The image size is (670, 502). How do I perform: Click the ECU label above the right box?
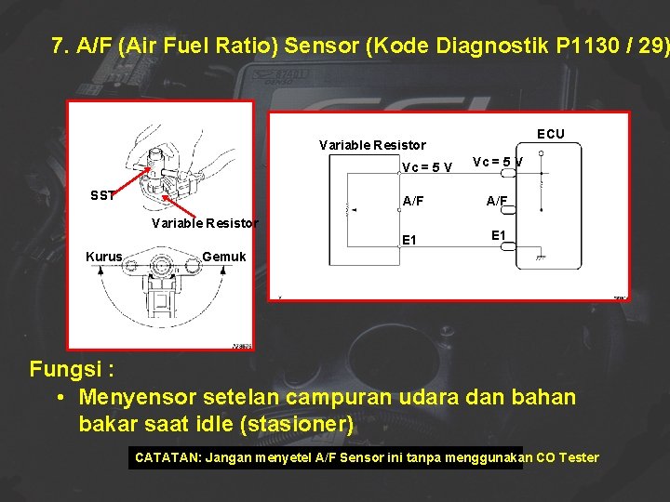tap(550, 134)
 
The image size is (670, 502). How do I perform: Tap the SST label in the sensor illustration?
tap(102, 196)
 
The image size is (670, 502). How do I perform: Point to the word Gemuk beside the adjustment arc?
tap(224, 257)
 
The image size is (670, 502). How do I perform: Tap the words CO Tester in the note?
tap(568, 457)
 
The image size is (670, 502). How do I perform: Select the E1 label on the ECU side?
tap(499, 235)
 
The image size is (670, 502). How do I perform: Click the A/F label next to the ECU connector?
tap(497, 200)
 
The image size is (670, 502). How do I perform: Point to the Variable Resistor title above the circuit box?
tap(372, 145)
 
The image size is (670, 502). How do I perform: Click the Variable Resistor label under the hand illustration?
tap(204, 223)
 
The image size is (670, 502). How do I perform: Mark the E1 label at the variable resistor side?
tap(409, 241)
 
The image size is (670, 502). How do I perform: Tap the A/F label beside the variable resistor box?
tap(412, 200)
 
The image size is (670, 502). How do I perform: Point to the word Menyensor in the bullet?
tap(138, 398)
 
